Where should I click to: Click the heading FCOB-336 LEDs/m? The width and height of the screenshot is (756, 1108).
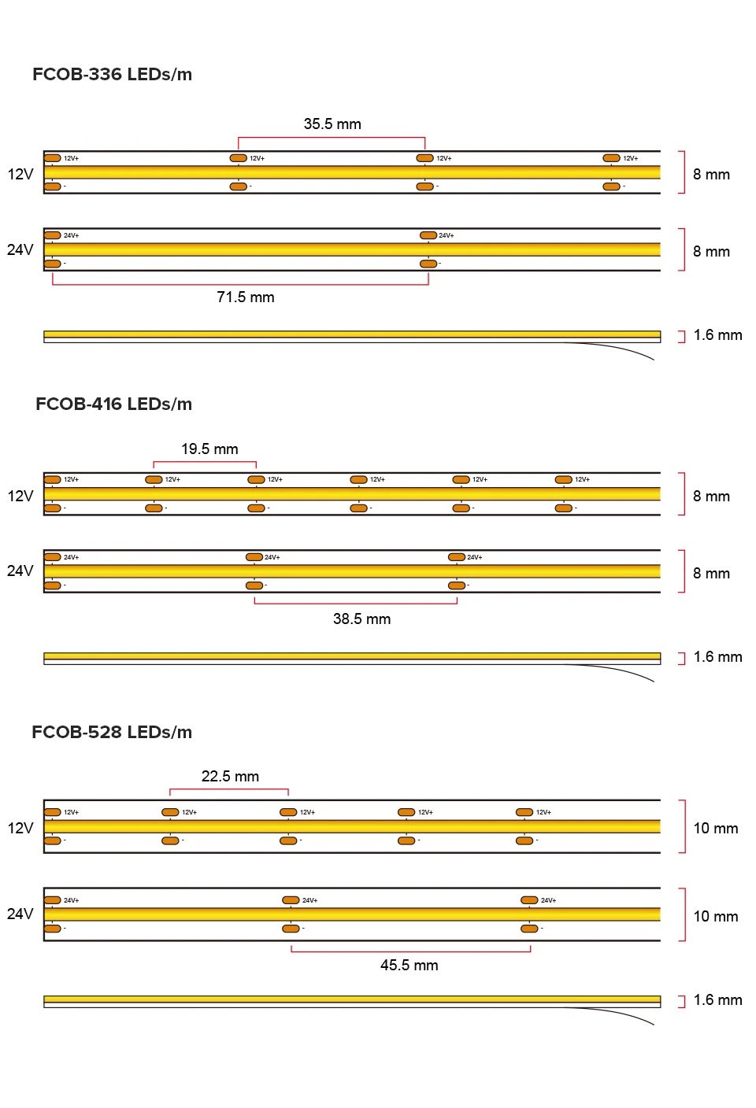pos(112,75)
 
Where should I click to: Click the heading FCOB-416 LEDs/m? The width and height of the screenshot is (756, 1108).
pos(113,404)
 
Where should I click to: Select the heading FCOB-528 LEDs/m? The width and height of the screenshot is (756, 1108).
pos(112,733)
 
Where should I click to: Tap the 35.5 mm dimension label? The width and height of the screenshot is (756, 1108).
pos(332,124)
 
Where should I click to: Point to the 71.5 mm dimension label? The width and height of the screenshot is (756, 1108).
pos(246,297)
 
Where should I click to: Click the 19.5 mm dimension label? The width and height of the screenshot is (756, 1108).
pos(209,449)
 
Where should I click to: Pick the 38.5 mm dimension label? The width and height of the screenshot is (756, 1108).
pos(361,619)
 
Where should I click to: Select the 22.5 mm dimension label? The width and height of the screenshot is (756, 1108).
pos(230,777)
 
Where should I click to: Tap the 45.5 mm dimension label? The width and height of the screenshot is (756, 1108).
pos(409,966)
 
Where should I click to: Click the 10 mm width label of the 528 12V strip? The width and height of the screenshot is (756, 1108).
pos(716,829)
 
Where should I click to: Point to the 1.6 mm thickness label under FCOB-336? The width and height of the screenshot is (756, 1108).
pos(717,335)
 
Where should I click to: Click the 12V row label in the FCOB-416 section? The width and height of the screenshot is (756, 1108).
pos(20,497)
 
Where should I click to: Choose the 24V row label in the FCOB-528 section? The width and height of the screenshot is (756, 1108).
pos(20,914)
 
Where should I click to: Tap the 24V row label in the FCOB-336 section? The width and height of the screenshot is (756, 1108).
pos(20,250)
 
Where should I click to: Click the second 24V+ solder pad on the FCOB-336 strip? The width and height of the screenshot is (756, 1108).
pos(428,235)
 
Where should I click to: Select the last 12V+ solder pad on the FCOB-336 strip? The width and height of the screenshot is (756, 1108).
pos(611,158)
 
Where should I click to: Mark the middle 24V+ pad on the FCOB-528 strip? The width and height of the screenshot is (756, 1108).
pos(291,900)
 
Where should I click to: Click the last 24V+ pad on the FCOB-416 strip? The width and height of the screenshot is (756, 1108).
pos(457,557)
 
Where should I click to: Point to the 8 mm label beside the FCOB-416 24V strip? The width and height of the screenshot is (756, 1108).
pos(711,574)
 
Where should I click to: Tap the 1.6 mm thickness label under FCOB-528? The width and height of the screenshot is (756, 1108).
pos(717,1000)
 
